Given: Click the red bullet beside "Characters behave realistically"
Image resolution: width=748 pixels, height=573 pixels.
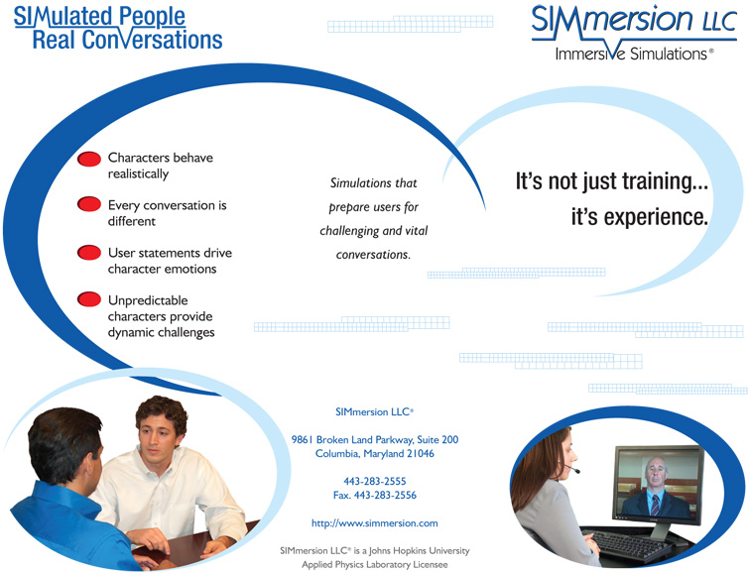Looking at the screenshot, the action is (89, 160).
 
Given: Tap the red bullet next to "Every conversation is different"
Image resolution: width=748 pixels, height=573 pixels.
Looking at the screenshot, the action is (89, 204).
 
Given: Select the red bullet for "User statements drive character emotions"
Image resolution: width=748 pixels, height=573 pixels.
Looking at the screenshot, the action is (89, 252).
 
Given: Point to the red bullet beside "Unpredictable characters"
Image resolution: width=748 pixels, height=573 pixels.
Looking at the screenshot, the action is (89, 299).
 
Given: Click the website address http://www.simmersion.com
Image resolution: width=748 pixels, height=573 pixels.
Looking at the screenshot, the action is (374, 523).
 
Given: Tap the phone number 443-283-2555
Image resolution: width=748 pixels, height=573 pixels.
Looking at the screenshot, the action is (374, 481).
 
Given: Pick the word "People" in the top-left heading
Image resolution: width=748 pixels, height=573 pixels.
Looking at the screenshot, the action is (152, 17).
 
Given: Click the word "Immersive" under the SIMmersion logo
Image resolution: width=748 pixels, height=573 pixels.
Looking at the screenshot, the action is (589, 54).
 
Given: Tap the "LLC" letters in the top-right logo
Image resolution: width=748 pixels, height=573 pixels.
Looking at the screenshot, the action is (720, 21).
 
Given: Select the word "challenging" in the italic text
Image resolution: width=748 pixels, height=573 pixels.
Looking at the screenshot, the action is (349, 231).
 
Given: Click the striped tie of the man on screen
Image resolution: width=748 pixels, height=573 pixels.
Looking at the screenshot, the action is (656, 506).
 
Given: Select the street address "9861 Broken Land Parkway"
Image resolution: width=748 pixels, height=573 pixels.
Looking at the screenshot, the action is (351, 439).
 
